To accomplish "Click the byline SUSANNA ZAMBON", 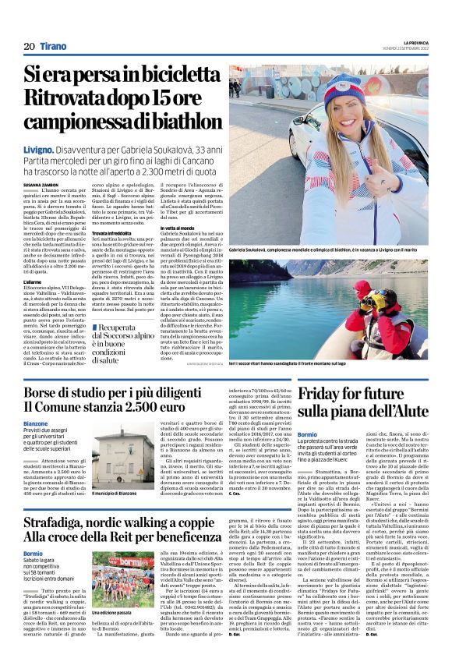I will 42,184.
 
